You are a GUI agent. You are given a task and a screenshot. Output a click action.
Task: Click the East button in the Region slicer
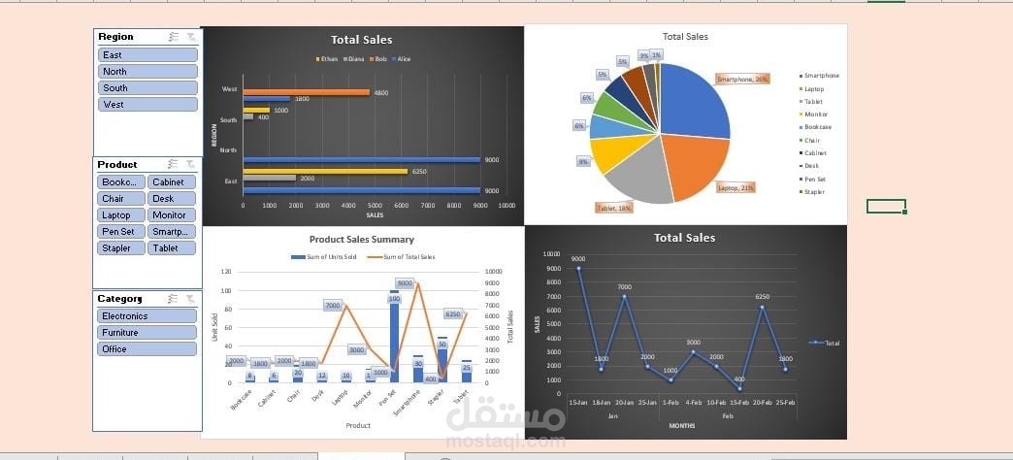pos(147,55)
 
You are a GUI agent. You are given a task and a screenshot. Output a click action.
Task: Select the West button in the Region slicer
pos(147,105)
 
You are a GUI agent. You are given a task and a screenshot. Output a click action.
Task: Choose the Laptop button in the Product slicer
pos(120,215)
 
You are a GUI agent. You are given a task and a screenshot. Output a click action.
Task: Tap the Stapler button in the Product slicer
pos(120,248)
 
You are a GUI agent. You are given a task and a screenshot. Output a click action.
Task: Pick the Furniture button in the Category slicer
pos(147,333)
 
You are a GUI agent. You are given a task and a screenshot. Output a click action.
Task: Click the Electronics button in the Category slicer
pos(147,316)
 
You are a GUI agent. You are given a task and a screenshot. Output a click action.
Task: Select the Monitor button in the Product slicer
pos(172,215)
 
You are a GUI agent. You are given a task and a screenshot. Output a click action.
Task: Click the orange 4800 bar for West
pos(306,92)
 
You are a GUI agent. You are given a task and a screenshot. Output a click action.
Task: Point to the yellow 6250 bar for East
pos(325,171)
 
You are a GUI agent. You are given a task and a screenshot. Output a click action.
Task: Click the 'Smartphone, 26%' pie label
pos(742,79)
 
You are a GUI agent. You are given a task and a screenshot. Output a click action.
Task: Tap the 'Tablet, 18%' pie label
pos(613,208)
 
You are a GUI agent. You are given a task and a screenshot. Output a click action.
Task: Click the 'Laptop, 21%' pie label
pos(735,187)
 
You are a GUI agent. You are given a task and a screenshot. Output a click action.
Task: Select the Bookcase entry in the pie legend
pos(817,127)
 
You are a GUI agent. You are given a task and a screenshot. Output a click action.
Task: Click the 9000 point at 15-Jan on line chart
pos(578,268)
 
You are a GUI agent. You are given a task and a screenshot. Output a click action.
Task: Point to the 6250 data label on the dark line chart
pos(763,297)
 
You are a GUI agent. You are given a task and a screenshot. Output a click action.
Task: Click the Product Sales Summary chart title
pos(361,240)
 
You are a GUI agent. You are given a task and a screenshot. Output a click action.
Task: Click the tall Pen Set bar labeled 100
pos(395,336)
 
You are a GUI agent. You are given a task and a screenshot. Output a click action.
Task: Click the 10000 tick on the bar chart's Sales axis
pos(506,206)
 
